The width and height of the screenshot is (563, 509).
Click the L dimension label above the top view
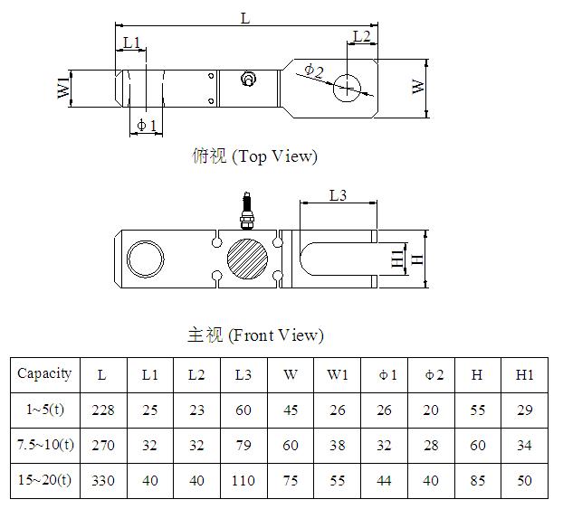tap(245, 17)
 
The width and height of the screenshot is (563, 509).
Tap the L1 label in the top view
tap(132, 42)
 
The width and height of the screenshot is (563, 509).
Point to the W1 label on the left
tap(63, 89)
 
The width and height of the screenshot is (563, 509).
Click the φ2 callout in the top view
tap(313, 70)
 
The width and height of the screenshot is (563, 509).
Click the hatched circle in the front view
tap(248, 259)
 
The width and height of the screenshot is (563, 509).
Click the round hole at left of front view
tap(146, 259)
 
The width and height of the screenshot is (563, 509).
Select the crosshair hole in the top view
tap(348, 88)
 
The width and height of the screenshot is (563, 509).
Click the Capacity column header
tap(44, 373)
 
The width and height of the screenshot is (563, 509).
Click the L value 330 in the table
tap(103, 480)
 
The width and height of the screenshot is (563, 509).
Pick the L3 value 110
tap(243, 480)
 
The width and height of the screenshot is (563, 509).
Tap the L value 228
tap(103, 410)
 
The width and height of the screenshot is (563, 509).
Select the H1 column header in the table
tap(524, 374)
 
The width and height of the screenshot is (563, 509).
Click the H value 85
tap(478, 480)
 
